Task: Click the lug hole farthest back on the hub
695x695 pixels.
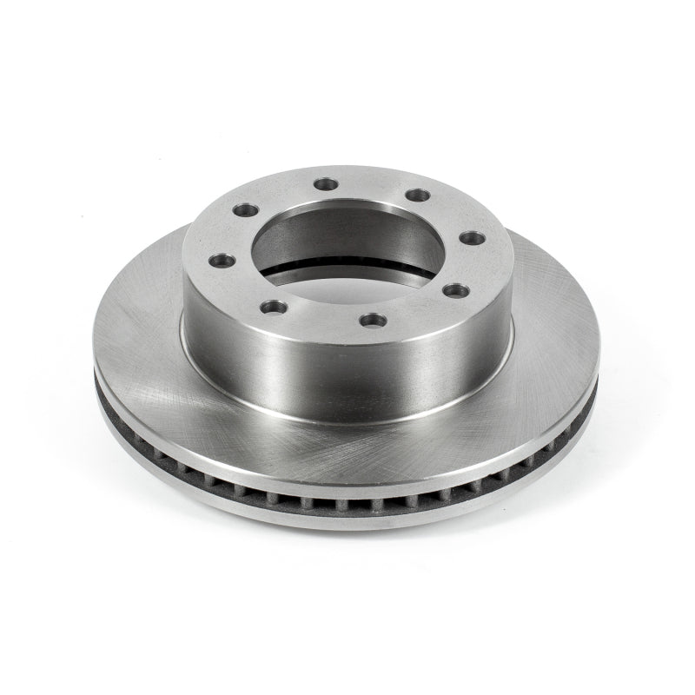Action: click(x=326, y=183)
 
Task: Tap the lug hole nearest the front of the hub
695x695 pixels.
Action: click(x=372, y=321)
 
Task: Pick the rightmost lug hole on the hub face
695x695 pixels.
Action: click(x=471, y=236)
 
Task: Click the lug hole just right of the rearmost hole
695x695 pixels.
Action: click(x=418, y=195)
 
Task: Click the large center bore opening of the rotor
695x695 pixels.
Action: click(x=343, y=248)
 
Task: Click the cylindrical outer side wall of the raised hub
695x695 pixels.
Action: click(x=347, y=374)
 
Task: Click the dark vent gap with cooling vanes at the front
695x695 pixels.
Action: click(x=347, y=502)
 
